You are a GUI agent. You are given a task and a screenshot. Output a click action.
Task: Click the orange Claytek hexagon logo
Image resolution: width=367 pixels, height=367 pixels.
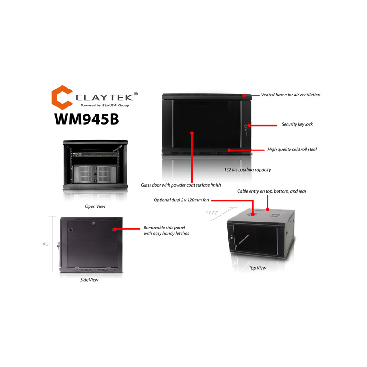[61, 97]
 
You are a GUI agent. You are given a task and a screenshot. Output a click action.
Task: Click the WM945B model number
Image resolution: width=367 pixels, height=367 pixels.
[87, 119]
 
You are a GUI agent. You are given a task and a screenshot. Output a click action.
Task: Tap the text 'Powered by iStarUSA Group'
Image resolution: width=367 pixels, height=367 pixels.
[105, 106]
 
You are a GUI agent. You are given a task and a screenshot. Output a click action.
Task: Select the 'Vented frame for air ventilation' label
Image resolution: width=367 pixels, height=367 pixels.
[291, 95]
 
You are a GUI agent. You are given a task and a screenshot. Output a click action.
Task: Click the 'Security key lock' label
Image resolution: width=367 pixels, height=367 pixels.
[297, 124]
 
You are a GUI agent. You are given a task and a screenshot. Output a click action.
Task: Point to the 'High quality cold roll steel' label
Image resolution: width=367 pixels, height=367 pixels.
[292, 150]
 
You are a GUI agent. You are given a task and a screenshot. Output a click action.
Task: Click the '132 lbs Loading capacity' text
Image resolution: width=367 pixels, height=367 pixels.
[247, 170]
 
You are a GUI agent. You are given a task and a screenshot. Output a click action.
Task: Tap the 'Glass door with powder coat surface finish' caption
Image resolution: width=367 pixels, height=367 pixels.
[181, 185]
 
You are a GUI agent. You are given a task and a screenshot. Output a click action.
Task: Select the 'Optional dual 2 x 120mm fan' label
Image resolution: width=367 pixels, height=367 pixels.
[181, 200]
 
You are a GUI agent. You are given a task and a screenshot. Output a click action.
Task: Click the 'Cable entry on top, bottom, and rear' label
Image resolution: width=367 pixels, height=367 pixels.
[272, 191]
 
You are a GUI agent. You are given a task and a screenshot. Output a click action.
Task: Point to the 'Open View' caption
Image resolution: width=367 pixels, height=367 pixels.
[95, 206]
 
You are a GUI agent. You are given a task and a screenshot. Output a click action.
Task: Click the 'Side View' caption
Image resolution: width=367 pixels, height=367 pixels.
[89, 280]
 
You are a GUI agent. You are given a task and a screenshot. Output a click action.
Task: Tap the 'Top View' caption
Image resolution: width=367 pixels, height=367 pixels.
[257, 268]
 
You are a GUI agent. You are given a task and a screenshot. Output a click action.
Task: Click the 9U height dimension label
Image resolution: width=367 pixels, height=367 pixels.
[45, 244]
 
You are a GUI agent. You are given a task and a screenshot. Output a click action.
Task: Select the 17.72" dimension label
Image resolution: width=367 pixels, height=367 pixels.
[212, 213]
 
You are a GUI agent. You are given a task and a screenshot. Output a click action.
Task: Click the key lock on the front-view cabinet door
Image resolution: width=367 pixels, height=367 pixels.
[246, 128]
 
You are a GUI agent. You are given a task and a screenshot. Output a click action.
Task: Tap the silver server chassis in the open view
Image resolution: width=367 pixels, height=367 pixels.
[95, 174]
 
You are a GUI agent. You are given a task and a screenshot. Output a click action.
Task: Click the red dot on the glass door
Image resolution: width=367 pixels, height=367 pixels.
[192, 133]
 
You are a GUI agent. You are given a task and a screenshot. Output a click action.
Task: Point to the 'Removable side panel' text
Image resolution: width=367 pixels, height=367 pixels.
[164, 228]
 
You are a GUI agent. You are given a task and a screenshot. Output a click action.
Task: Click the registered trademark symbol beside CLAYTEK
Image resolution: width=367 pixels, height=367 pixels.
[136, 94]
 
